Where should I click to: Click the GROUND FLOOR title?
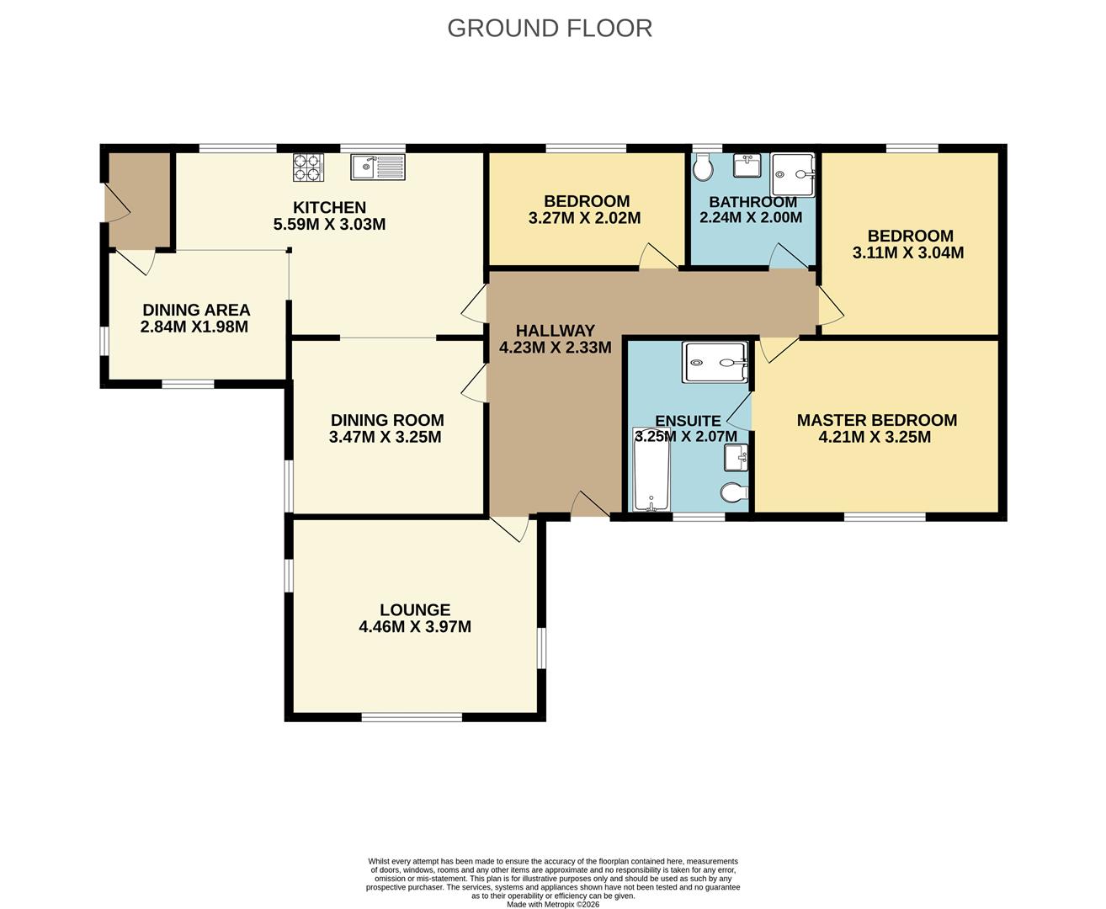(x=549, y=29)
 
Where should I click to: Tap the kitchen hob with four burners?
(x=308, y=167)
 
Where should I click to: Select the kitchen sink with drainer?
(x=378, y=167)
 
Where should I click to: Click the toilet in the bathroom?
(x=703, y=167)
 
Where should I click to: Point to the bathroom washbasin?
(x=747, y=165)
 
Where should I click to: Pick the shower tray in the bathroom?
(x=792, y=175)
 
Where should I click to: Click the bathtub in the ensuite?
(x=651, y=469)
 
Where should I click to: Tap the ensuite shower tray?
(x=715, y=363)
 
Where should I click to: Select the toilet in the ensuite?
(x=734, y=492)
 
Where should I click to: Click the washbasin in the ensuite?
(x=736, y=457)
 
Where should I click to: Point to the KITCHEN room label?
(x=329, y=207)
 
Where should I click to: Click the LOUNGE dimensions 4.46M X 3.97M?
(x=415, y=626)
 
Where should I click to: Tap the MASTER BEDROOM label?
(x=877, y=420)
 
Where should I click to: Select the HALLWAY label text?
(x=556, y=331)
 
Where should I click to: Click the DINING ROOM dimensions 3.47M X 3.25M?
(x=385, y=436)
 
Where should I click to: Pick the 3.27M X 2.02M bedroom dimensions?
(x=584, y=218)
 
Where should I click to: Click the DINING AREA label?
(x=196, y=310)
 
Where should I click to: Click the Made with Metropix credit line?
(x=553, y=904)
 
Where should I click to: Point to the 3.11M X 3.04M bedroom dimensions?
(x=907, y=252)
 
